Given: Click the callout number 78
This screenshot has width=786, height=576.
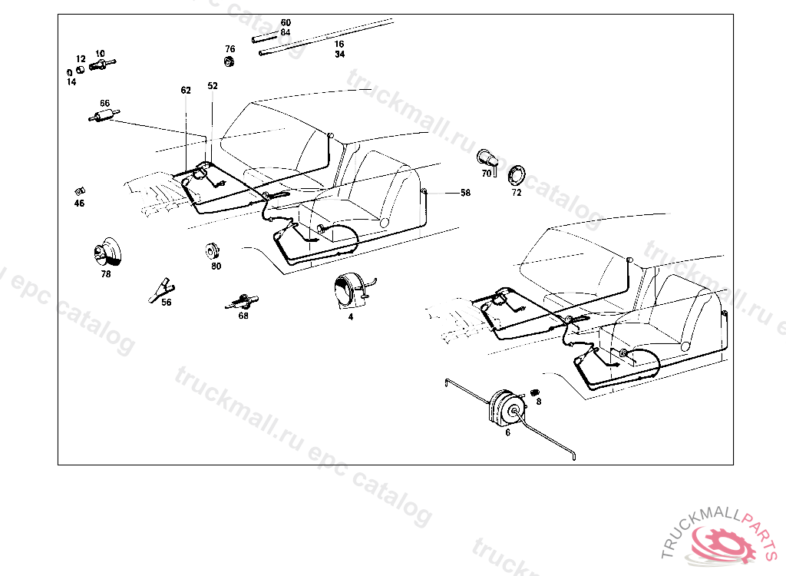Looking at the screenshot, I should click(106, 273).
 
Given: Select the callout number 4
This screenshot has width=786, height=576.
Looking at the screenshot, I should click(351, 316).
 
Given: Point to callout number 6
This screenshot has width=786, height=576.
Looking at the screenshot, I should click(507, 432).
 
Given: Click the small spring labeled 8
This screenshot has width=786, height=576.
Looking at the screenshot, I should click(535, 393).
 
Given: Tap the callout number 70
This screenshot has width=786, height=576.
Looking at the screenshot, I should click(486, 174).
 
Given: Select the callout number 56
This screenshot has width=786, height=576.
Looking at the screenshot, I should click(167, 302).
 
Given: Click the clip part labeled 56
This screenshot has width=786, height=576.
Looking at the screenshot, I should click(161, 288).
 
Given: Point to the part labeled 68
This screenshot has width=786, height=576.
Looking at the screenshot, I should click(243, 300).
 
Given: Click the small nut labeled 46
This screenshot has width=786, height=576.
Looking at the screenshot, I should click(79, 190).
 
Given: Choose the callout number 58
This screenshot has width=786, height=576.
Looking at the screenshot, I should click(465, 193).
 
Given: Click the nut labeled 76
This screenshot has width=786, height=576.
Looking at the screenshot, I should click(229, 62).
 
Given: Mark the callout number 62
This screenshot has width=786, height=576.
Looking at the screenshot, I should click(186, 90).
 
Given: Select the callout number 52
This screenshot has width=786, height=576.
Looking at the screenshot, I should click(213, 86).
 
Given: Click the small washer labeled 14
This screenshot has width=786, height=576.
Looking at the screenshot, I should click(68, 73).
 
